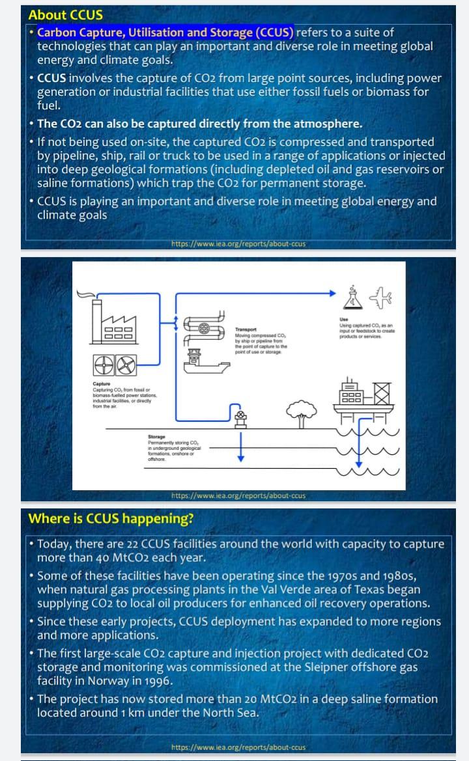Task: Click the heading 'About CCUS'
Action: pyautogui.click(x=65, y=15)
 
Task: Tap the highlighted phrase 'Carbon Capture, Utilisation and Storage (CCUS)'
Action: pyautogui.click(x=165, y=33)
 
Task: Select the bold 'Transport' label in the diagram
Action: pyautogui.click(x=246, y=329)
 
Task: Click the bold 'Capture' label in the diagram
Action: pyautogui.click(x=101, y=384)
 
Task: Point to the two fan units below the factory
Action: pyautogui.click(x=115, y=365)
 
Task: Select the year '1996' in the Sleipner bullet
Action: pyautogui.click(x=157, y=681)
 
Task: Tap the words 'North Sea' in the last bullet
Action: pyautogui.click(x=228, y=712)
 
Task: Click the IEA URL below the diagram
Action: pyautogui.click(x=238, y=496)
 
